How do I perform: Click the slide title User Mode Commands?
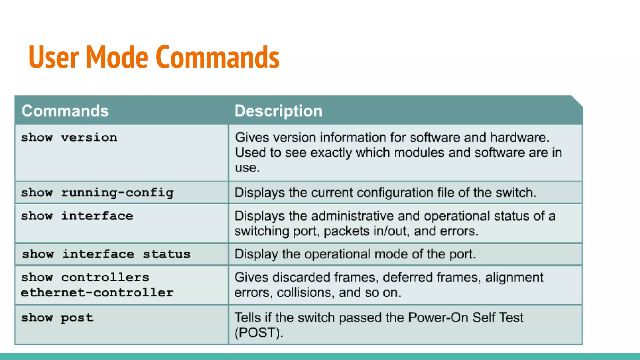click(x=154, y=57)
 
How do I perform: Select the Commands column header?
click(x=65, y=111)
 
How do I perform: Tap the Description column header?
click(x=278, y=111)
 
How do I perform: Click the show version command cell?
click(x=69, y=137)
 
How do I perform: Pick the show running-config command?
click(x=97, y=192)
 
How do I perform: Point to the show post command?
click(x=57, y=318)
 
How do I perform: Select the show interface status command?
click(x=106, y=254)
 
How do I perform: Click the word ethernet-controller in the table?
click(x=97, y=292)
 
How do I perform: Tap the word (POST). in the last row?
click(x=259, y=332)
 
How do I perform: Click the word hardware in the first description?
click(x=519, y=137)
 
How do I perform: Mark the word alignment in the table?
click(x=514, y=277)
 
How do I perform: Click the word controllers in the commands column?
click(x=105, y=277)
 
